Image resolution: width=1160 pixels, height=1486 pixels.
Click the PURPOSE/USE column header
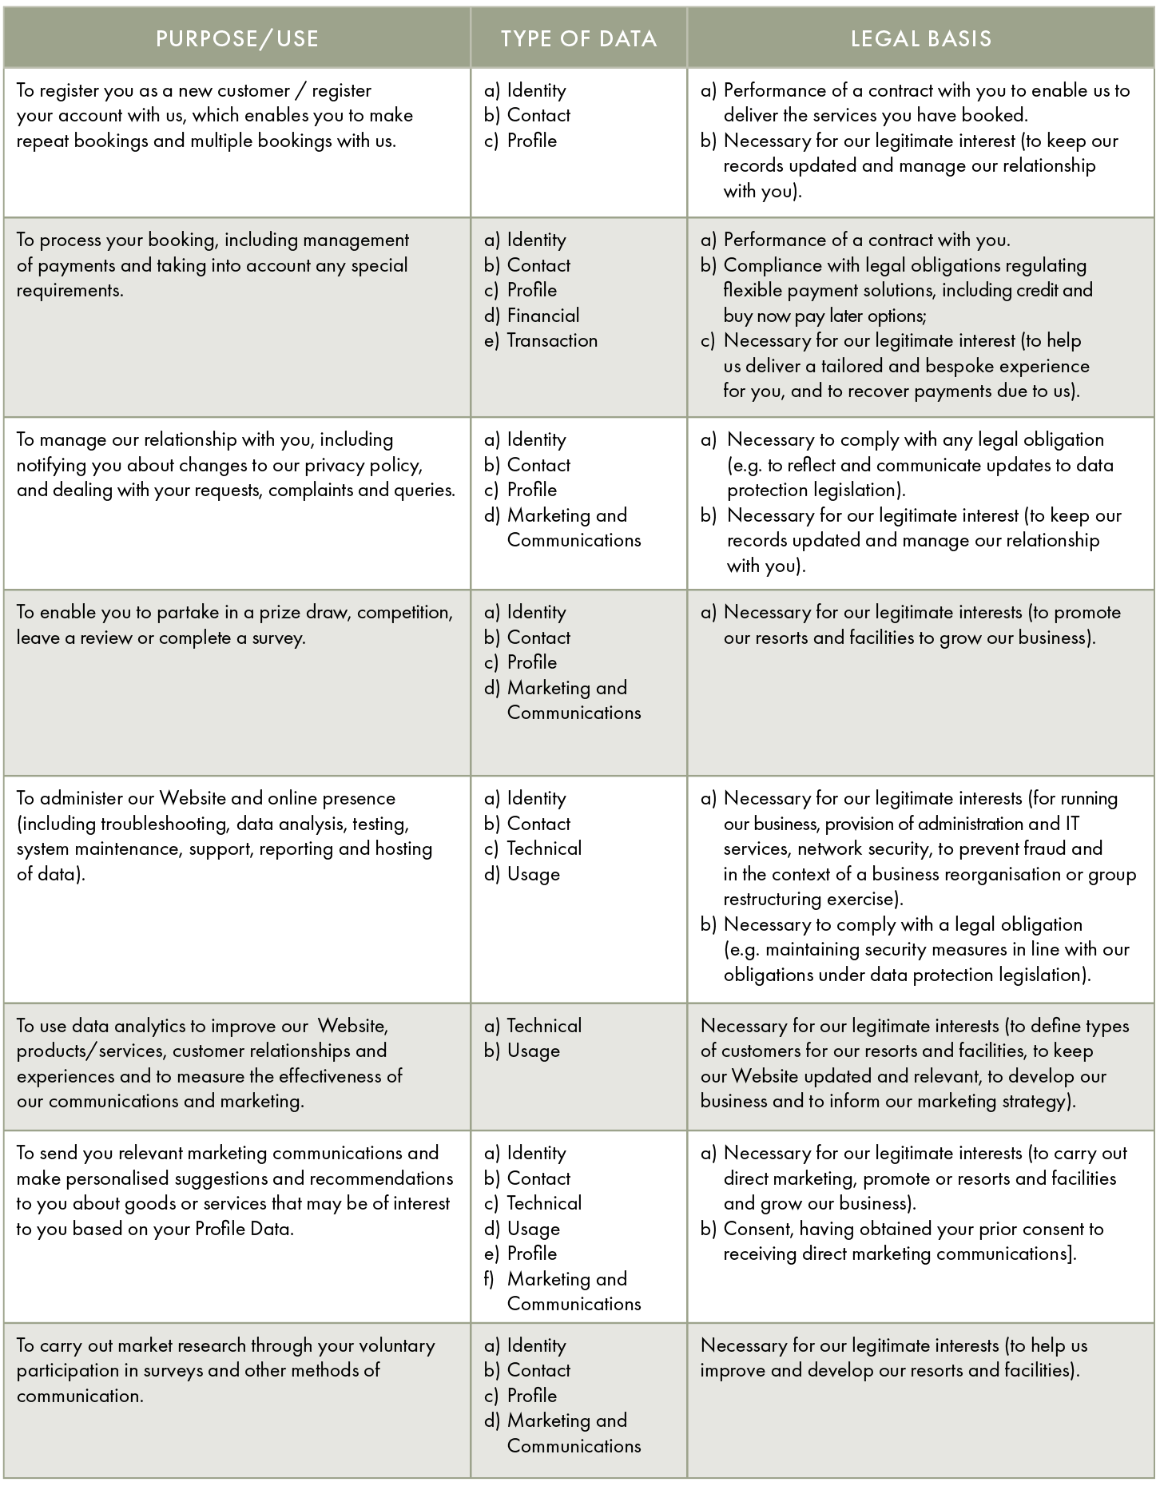[x=236, y=38]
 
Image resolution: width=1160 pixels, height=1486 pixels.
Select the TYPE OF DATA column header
[x=578, y=38]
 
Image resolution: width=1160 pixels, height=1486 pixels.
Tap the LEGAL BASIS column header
[x=920, y=38]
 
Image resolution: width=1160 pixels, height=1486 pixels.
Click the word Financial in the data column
[x=543, y=316]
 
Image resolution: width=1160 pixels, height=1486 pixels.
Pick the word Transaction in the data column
[x=552, y=340]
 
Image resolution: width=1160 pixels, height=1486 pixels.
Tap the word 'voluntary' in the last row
[x=396, y=1345]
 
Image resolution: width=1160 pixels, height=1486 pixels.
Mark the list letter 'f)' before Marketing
[x=490, y=1279]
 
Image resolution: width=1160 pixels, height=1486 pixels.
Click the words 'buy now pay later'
[x=792, y=316]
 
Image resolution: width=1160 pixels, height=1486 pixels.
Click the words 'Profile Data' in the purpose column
[x=244, y=1229]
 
